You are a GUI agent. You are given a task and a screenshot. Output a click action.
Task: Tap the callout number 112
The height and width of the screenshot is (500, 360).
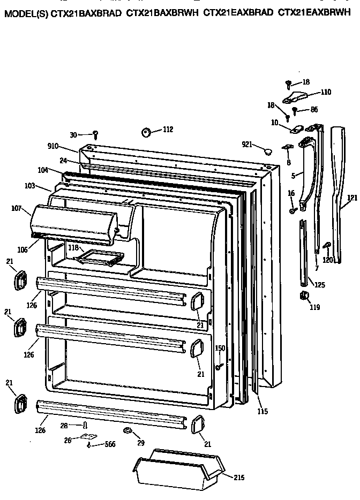coord(168,129)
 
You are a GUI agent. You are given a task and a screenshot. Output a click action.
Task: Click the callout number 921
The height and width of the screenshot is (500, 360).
coord(247,145)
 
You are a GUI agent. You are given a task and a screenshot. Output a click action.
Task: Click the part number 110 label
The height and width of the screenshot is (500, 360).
coord(326,92)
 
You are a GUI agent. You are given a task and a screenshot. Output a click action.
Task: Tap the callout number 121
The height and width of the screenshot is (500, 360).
coord(351,198)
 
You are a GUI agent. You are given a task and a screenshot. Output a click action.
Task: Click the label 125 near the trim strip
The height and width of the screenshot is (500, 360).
coord(319,285)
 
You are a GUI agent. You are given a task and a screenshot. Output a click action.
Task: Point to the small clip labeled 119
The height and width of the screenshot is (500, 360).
coord(304,296)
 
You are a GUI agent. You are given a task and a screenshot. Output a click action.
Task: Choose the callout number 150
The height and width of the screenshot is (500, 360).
coord(220,349)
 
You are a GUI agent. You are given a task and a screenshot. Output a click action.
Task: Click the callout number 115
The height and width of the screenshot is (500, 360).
coord(262,411)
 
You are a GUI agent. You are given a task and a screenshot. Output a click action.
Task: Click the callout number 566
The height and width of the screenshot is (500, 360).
coord(109,444)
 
